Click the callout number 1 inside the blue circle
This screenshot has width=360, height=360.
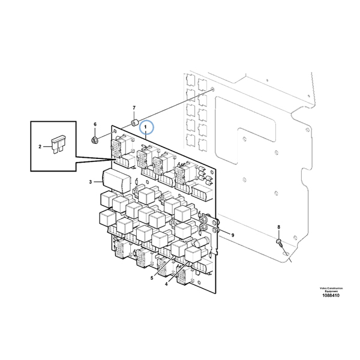145,127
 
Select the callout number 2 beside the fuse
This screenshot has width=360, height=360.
40,146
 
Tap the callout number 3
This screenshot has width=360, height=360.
91,182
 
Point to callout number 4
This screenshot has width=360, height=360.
166,284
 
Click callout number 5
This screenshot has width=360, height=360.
152,278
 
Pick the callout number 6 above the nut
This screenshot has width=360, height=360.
95,124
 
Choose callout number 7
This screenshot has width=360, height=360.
134,107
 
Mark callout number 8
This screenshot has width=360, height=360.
279,227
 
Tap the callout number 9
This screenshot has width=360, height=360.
233,235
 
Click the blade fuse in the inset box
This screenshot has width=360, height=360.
59,145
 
